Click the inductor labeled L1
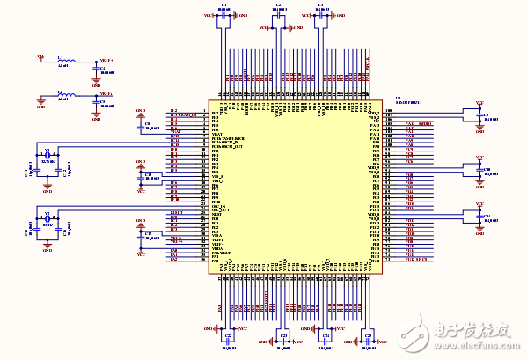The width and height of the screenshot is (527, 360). [x=64, y=62]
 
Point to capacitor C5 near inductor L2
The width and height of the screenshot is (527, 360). [x=96, y=103]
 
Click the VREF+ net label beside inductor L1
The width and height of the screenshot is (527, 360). [x=106, y=60]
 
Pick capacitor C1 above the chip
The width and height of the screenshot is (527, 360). [x=224, y=16]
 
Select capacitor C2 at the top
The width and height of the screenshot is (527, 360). [x=279, y=16]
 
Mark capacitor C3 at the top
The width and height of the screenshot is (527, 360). [x=320, y=16]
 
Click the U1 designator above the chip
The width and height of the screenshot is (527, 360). [x=399, y=98]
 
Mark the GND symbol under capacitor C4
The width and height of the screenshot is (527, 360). [x=96, y=81]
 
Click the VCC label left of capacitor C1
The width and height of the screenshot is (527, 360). [x=208, y=16]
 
